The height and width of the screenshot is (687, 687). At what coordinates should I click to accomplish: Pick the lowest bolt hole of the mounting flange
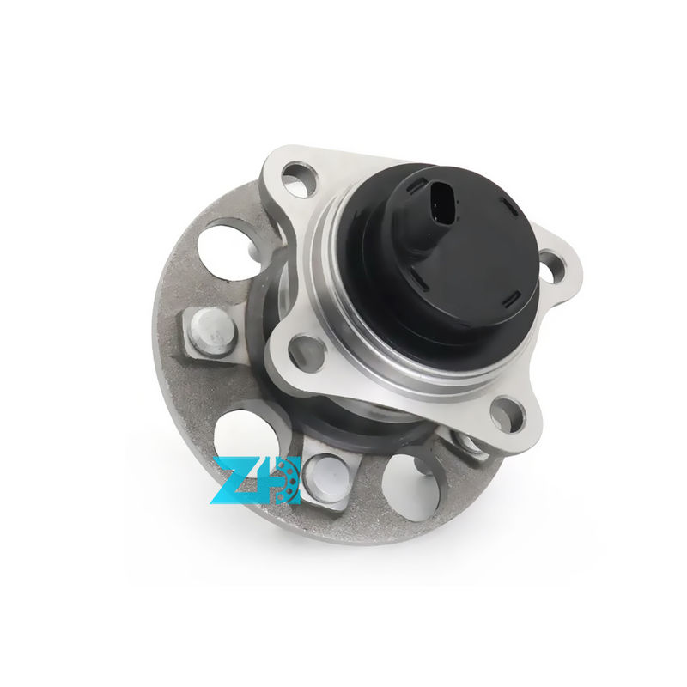(x=507, y=415)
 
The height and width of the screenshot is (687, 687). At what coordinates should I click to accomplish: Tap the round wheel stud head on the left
(x=211, y=330)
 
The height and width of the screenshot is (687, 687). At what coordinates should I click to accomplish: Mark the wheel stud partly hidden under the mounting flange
(x=468, y=443)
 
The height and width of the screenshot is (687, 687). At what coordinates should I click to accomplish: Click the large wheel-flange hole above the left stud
(x=225, y=246)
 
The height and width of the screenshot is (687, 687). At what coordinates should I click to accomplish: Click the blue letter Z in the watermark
(x=233, y=482)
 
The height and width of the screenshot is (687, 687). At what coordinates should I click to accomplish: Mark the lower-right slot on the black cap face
(x=514, y=300)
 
